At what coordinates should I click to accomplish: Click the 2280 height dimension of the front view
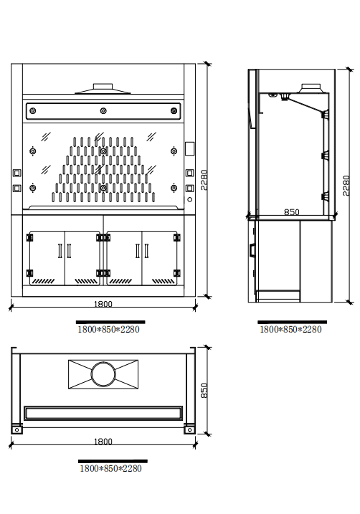pyautogui.click(x=204, y=180)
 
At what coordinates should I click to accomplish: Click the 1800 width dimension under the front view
pyautogui.click(x=103, y=304)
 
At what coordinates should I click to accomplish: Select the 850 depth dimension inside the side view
pyautogui.click(x=291, y=212)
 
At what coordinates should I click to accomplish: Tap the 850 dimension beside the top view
pyautogui.click(x=204, y=391)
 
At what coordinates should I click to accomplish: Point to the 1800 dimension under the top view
pyautogui.click(x=103, y=441)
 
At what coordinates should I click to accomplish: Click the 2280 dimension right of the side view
pyautogui.click(x=346, y=186)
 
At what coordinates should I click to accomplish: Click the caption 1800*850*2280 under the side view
pyautogui.click(x=290, y=330)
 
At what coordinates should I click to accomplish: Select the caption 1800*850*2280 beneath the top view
pyautogui.click(x=110, y=468)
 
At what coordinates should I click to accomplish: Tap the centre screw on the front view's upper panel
pyautogui.click(x=103, y=111)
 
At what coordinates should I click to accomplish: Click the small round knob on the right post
pyautogui.click(x=189, y=199)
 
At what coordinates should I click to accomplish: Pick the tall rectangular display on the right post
pyautogui.click(x=189, y=148)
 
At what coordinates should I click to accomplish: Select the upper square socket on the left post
pyautogui.click(x=16, y=173)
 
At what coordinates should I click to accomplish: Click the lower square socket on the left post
pyautogui.click(x=16, y=188)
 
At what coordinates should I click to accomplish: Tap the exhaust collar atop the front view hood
pyautogui.click(x=103, y=87)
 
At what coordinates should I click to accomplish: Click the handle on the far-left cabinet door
pyautogui.click(x=60, y=251)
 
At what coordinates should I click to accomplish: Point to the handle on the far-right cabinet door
pyautogui.click(x=146, y=251)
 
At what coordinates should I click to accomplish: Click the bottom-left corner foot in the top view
pyautogui.click(x=17, y=429)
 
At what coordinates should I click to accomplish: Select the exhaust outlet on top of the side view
pyautogui.click(x=311, y=88)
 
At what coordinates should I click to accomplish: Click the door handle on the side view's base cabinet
pyautogui.click(x=252, y=250)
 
